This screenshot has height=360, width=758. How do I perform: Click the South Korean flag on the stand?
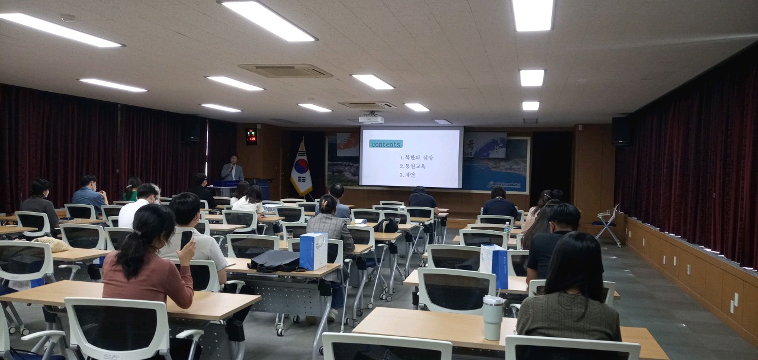pos(301,169)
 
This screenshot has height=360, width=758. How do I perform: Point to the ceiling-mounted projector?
pos(371,119)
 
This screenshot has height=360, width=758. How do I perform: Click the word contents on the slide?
pos(386,144)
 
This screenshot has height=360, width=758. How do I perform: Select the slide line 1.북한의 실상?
pos(416,157)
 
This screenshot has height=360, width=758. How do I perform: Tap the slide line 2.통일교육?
pos(412,166)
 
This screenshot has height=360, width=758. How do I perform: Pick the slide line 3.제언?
pos(407,175)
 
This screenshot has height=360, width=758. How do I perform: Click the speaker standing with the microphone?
pos(232,170)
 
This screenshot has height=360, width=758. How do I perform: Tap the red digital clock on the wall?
pos(252,136)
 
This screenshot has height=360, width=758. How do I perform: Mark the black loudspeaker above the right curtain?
pos(622,131)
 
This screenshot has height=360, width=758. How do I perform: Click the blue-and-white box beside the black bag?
pos(313,251)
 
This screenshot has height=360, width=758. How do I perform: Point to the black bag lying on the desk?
pos(274,261)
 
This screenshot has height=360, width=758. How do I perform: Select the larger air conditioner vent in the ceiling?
pos(285,71)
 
